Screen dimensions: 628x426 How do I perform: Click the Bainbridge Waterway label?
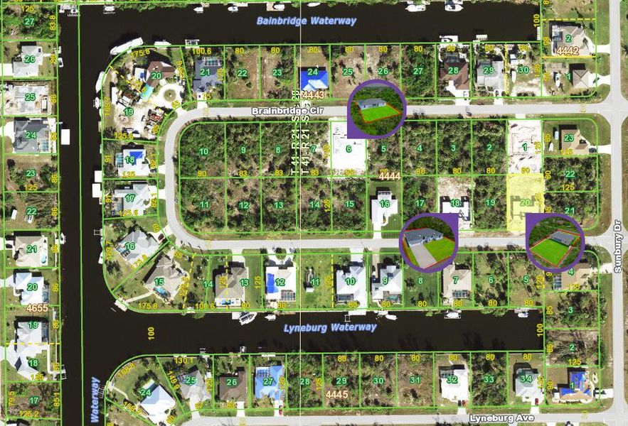coord(307,21)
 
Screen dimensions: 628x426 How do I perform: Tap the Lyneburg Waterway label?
coord(330,327)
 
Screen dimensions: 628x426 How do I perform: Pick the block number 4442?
coord(568,50)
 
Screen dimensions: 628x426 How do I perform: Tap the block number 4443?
coord(313,94)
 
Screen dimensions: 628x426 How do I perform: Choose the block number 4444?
coord(389,175)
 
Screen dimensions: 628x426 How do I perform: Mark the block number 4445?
coord(336,393)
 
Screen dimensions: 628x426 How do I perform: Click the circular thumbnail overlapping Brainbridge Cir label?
coord(376,108)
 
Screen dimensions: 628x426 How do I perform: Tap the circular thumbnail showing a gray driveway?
coord(429,241)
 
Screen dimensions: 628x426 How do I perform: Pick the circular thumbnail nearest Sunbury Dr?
coord(555,242)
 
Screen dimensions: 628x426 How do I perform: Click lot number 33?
coord(488,379)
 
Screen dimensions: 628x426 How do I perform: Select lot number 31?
coord(413,380)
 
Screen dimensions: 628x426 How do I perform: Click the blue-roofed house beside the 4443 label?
coord(314,78)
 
